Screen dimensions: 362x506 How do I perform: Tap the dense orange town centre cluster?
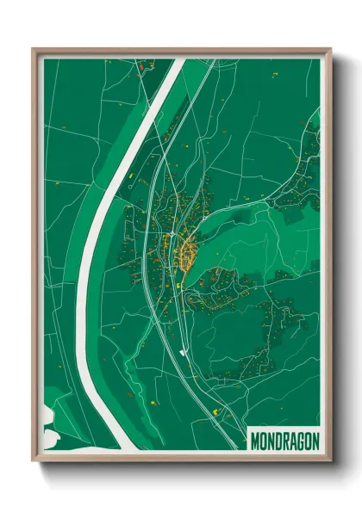point(186,250)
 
